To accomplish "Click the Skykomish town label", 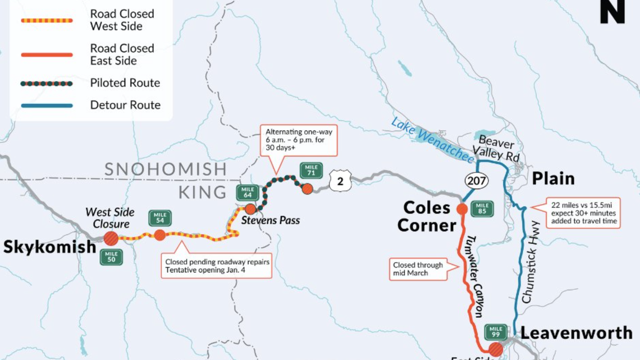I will (x=49, y=247).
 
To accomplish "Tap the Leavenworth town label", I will (x=576, y=332).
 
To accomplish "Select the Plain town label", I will (x=553, y=179).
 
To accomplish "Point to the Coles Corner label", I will (x=427, y=216).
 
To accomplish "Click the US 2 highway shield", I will (x=340, y=182).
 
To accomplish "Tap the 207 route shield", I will (x=476, y=181).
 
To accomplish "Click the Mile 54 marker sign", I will (x=160, y=218).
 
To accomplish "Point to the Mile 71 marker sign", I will (x=311, y=170).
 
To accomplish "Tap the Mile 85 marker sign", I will (x=482, y=209).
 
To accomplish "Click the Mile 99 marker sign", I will (x=495, y=331).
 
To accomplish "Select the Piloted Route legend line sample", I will (x=47, y=83).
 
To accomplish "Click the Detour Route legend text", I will (x=125, y=105).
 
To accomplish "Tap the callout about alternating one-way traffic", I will (x=298, y=140).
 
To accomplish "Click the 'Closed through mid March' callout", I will (x=418, y=268).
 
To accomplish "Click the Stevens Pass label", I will (x=271, y=220).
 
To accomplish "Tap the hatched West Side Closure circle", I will (x=111, y=238).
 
